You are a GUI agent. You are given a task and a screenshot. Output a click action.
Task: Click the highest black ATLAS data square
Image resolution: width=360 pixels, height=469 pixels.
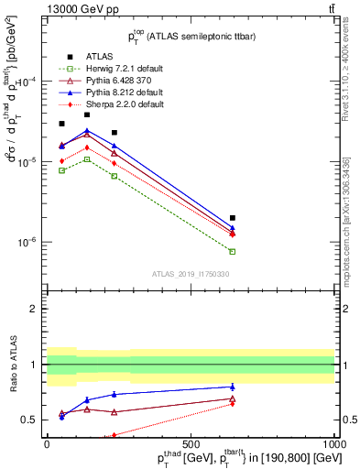[x=87, y=115]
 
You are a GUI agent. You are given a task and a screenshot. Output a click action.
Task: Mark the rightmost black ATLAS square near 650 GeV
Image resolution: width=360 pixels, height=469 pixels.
[x=233, y=218]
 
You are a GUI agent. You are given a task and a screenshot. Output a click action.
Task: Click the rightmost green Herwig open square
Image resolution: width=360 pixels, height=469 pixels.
[x=233, y=251]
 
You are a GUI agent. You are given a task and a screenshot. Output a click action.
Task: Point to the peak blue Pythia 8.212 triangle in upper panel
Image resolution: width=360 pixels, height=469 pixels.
[x=87, y=131]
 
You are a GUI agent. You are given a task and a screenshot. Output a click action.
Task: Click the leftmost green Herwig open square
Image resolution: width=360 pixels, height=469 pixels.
[x=61, y=170]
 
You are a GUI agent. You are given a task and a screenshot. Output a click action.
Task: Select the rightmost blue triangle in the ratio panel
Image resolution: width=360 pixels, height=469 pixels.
[x=233, y=387]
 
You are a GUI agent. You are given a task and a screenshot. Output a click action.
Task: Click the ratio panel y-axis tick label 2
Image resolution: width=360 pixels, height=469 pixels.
[x=36, y=309]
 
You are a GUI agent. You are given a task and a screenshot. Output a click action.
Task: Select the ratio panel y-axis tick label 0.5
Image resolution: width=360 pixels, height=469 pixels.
[x=31, y=420]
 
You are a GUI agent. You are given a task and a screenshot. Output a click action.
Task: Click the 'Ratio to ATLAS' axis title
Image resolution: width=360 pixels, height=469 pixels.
[x=14, y=365]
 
